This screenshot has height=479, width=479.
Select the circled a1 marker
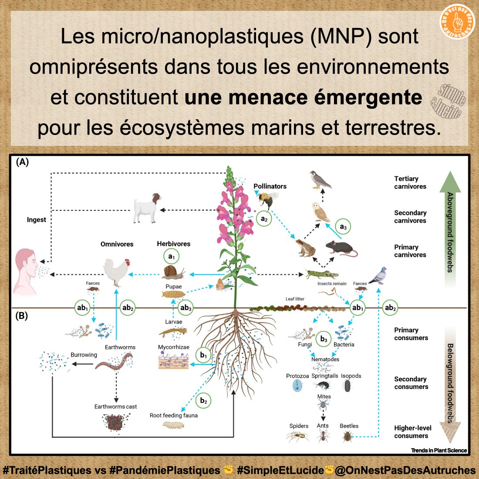[171, 256]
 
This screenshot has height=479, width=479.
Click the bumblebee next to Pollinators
[266, 200]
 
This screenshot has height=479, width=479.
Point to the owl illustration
[322, 212]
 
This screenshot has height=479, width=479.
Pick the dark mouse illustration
[341, 248]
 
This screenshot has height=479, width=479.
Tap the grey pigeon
[378, 276]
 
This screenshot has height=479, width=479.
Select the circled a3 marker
[343, 227]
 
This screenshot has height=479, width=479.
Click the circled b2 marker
[203, 401]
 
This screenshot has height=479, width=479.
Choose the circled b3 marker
[324, 339]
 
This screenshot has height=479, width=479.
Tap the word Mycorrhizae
[173, 347]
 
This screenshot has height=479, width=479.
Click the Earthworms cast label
[115, 407]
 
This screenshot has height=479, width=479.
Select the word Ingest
[36, 220]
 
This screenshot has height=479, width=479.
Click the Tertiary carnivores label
[410, 182]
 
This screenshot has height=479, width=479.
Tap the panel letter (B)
[21, 316]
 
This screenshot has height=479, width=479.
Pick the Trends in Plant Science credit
[439, 450]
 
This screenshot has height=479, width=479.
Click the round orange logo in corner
[457, 21]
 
